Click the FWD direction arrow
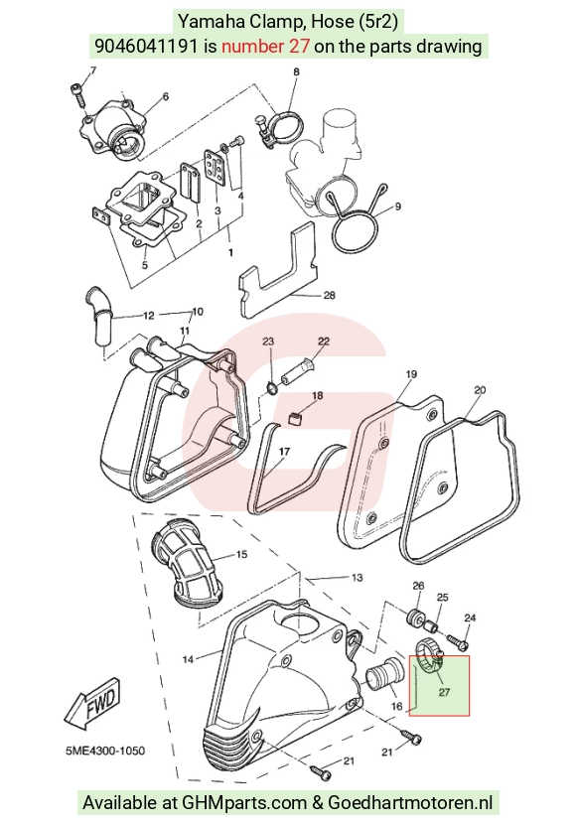coord(92,704)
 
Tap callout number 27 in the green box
coord(444,692)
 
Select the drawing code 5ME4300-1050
coord(105,751)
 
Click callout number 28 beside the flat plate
coord(329,295)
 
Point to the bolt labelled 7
coord(77,94)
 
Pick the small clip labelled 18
coord(297,418)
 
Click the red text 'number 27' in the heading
coord(265,47)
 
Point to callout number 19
coord(411,374)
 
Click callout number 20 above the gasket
coord(480,390)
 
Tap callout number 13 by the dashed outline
coord(357,578)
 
